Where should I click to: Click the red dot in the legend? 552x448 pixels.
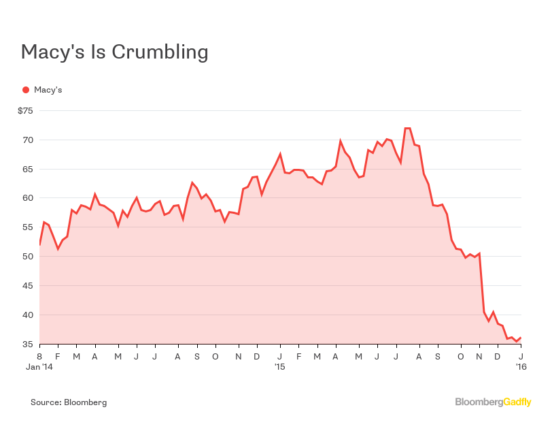click(26, 89)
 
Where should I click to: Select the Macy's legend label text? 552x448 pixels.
click(48, 89)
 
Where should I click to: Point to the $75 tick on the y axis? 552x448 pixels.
click(25, 111)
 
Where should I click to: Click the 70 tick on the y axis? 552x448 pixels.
click(28, 140)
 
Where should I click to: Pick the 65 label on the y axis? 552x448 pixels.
click(28, 170)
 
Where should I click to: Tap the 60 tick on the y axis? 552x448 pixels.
click(28, 199)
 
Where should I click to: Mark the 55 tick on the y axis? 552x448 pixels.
click(28, 228)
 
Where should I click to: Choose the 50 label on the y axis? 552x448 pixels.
click(28, 257)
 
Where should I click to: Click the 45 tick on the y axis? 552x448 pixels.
click(28, 286)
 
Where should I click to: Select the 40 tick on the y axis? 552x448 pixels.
click(28, 315)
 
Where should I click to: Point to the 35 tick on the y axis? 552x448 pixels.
click(28, 345)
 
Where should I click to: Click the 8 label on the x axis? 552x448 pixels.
click(39, 356)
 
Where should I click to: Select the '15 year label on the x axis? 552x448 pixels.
click(279, 367)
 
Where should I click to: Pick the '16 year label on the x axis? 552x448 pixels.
click(520, 367)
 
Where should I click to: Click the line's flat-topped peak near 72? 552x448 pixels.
click(407, 128)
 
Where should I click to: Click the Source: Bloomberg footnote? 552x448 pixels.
click(69, 402)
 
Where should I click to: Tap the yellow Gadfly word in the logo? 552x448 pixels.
click(517, 402)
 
